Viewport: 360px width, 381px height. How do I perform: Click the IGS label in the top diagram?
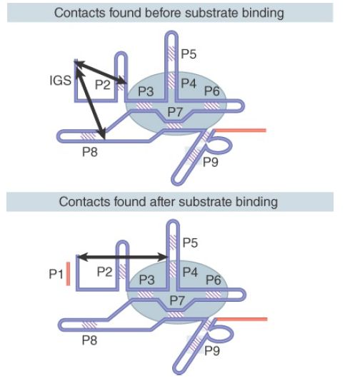(60, 81)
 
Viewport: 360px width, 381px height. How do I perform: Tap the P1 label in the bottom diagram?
(56, 274)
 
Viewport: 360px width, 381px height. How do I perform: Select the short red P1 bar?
(68, 273)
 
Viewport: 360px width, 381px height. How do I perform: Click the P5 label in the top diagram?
(189, 54)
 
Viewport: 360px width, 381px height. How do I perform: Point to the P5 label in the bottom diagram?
(190, 243)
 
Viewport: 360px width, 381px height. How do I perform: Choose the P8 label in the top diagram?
(90, 152)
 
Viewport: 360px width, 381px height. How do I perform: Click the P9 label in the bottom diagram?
(212, 350)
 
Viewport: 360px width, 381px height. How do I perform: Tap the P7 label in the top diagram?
(175, 112)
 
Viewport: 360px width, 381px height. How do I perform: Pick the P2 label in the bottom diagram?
(104, 272)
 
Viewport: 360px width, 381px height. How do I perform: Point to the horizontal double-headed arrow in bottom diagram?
(123, 257)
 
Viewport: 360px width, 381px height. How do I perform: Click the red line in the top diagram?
(240, 131)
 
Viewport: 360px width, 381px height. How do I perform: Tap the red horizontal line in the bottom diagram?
(241, 319)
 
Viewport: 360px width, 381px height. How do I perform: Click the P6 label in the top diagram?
(212, 91)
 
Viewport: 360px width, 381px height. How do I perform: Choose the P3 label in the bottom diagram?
(146, 280)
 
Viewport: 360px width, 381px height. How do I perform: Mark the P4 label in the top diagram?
(189, 83)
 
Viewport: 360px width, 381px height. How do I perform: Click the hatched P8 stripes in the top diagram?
(89, 136)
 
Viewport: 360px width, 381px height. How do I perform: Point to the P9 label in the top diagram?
(211, 162)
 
